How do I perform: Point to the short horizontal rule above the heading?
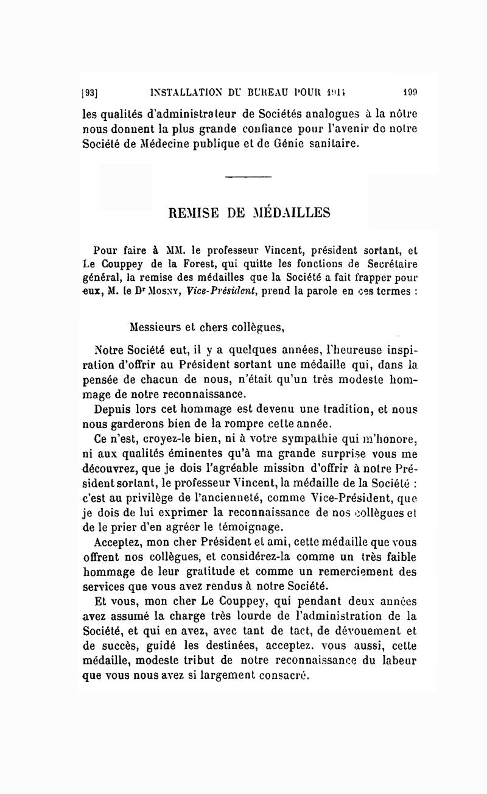point(247,177)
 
